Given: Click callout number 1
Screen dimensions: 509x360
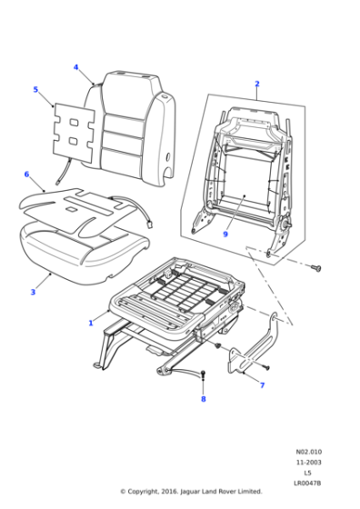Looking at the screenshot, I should pyautogui.click(x=91, y=323).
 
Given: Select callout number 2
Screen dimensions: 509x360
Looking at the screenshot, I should pyautogui.click(x=257, y=84).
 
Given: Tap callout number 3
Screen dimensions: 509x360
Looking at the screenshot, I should pyautogui.click(x=33, y=292).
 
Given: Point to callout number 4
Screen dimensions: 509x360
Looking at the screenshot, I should pyautogui.click(x=75, y=67).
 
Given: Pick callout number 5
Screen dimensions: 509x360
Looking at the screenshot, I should pyautogui.click(x=35, y=90).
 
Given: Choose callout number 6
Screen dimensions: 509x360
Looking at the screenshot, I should pyautogui.click(x=26, y=175).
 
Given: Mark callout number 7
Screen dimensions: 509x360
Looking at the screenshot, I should pyautogui.click(x=263, y=385).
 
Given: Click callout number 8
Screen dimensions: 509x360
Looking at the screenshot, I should pyautogui.click(x=204, y=399).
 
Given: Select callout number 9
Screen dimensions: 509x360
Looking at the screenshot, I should pyautogui.click(x=225, y=234).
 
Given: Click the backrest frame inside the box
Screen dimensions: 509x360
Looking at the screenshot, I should pyautogui.click(x=245, y=173).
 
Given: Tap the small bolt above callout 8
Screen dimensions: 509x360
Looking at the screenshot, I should pyautogui.click(x=204, y=374).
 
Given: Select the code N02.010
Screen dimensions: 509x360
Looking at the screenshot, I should pyautogui.click(x=307, y=452).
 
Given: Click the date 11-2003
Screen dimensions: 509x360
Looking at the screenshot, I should pyautogui.click(x=307, y=461).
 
